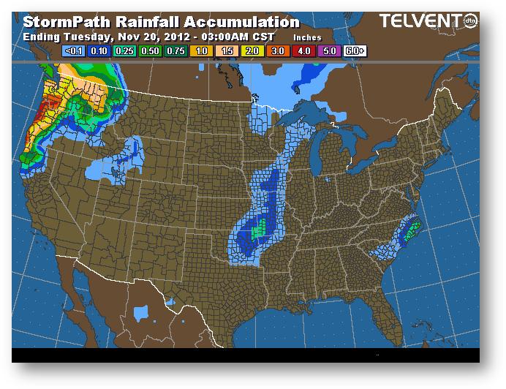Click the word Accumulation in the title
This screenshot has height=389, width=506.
[241, 23]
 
